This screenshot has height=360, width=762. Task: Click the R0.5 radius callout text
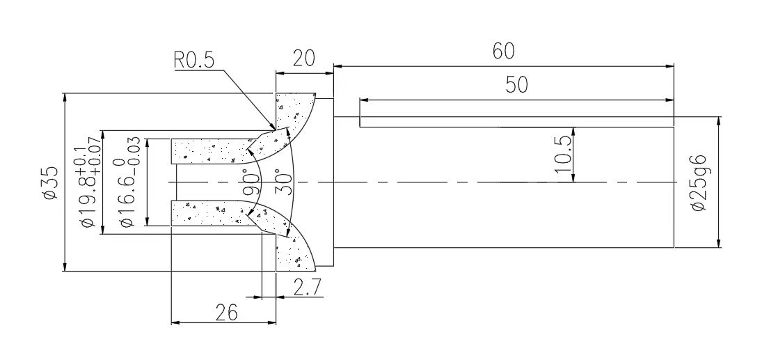click(x=194, y=60)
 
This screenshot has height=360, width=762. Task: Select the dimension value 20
click(x=303, y=58)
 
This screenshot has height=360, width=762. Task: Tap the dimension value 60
click(x=503, y=51)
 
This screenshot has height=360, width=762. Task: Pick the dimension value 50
click(x=516, y=85)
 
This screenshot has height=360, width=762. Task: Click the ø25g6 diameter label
click(x=699, y=182)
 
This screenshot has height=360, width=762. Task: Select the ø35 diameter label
click(x=50, y=182)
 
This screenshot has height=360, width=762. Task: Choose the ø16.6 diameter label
click(x=127, y=182)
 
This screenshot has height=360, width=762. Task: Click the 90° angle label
click(x=251, y=182)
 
